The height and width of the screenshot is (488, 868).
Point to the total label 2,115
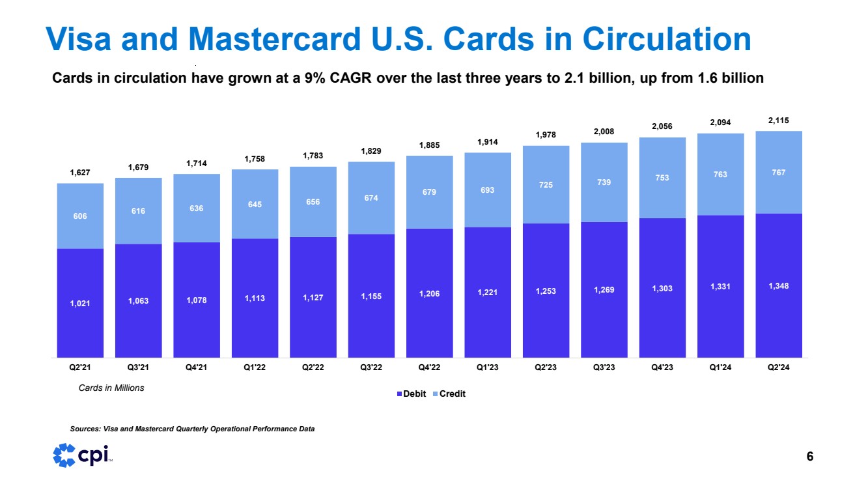tap(778, 121)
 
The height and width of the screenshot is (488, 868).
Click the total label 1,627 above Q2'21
tap(80, 173)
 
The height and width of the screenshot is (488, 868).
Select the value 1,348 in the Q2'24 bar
tap(778, 286)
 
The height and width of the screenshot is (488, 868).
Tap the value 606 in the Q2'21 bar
tap(80, 216)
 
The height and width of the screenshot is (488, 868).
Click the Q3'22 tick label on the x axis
tap(371, 367)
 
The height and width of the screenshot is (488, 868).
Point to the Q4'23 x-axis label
tap(662, 367)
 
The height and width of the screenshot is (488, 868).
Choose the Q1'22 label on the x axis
tap(255, 367)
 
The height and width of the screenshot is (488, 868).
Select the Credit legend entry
tap(451, 394)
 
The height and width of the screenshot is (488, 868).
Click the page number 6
tap(809, 457)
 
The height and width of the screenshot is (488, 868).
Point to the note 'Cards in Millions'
tap(107, 388)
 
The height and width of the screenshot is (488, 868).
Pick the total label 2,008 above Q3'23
tap(604, 131)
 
